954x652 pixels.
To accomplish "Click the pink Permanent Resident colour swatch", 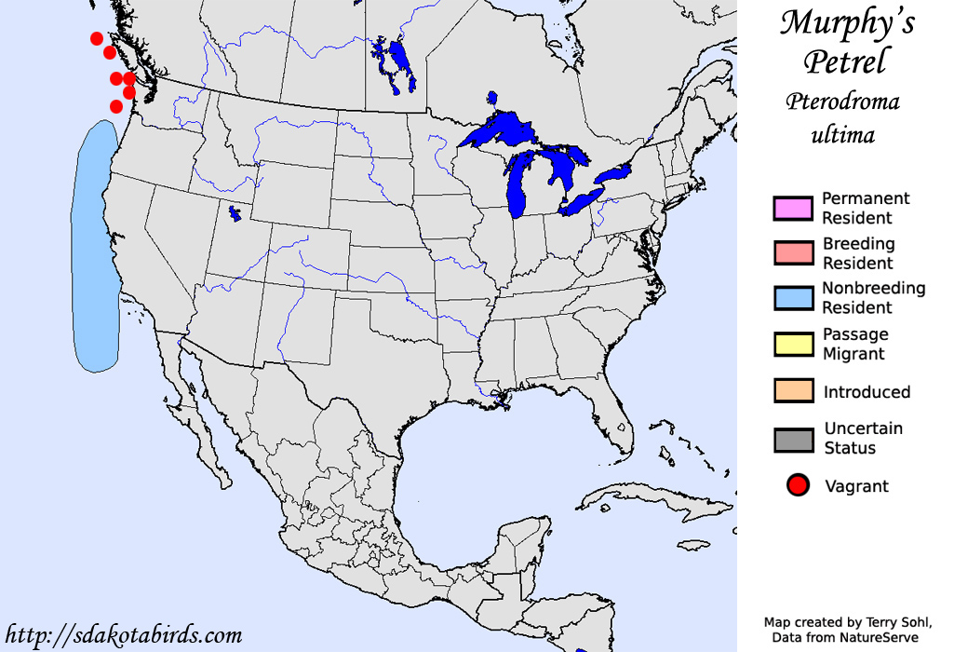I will [x=793, y=208].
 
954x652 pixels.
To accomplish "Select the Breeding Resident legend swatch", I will [x=793, y=252].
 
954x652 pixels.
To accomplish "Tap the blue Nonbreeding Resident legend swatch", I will [x=793, y=297].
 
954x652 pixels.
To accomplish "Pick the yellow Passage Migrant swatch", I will [x=793, y=343].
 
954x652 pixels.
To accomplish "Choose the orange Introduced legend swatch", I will [x=793, y=391].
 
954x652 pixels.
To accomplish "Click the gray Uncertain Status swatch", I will [x=793, y=439].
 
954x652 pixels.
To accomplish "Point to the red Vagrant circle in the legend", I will [x=796, y=485].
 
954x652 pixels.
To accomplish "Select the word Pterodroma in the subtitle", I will [x=843, y=102].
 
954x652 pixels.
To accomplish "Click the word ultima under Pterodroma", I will [x=843, y=135].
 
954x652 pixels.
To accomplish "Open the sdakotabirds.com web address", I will [x=123, y=635].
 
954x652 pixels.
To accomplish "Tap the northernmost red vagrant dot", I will [x=97, y=38].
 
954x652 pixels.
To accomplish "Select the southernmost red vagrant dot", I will [x=116, y=106].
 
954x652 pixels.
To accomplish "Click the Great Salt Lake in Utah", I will [x=234, y=214].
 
